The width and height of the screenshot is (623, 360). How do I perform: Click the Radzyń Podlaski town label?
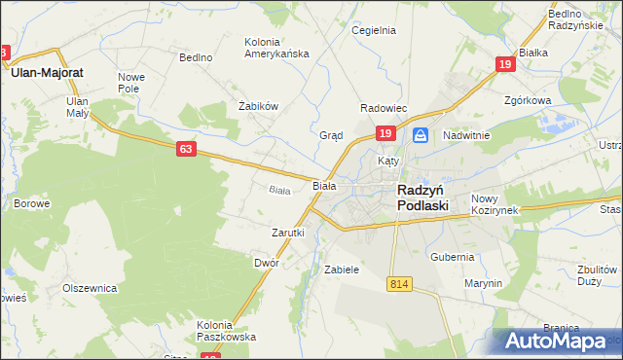point(422,198)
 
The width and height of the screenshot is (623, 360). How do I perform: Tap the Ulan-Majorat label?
point(46,72)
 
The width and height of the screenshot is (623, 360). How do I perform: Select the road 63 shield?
point(187,149)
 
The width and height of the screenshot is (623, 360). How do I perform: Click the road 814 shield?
point(397,283)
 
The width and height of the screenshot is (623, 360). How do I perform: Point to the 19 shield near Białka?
point(504,64)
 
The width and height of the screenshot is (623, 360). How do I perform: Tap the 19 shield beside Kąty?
point(385,133)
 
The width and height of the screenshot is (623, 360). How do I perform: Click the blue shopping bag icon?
point(420,134)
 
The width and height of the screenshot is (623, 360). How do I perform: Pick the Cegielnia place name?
point(374,30)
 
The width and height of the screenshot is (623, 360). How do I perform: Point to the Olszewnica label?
point(90,288)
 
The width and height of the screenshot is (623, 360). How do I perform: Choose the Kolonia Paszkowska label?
point(226,331)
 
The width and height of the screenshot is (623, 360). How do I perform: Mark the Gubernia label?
point(452,257)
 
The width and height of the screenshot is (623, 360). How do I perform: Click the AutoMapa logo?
point(561,341)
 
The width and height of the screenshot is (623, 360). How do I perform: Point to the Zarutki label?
point(288,233)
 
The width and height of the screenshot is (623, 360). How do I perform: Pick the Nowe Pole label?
point(131,82)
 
